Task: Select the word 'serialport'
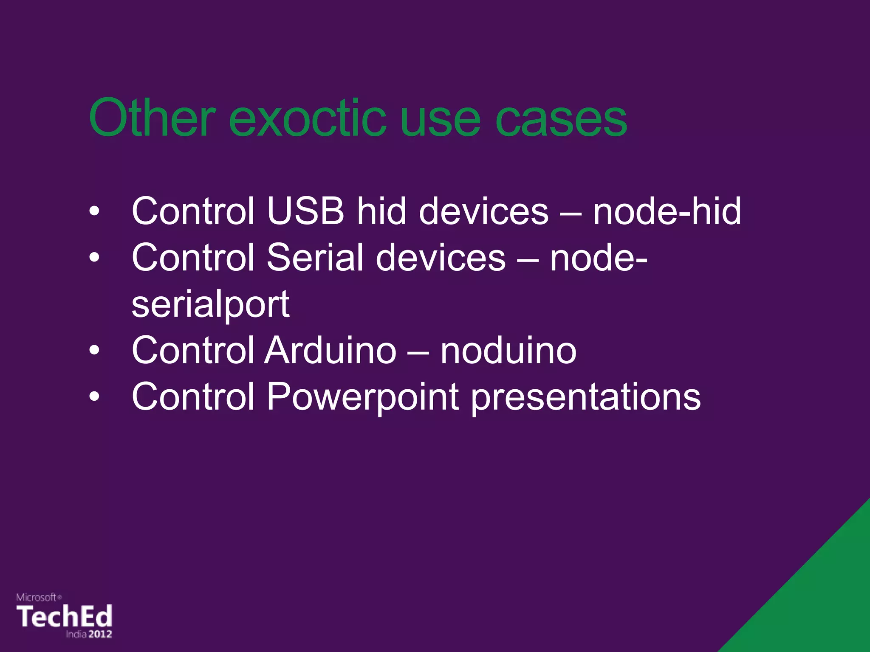point(210,304)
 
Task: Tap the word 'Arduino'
point(330,350)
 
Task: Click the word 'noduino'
point(508,351)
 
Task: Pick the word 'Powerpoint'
point(362,397)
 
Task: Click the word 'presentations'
point(586,397)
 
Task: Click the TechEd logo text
point(64,616)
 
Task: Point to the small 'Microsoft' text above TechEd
point(37,597)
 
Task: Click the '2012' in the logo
point(100,634)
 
